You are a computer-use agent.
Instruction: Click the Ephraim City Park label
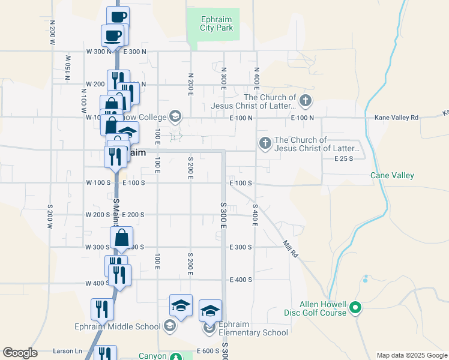216,23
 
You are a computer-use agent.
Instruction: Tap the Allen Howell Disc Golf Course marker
355,309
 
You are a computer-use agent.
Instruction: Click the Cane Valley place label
392,175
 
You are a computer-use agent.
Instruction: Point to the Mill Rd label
291,249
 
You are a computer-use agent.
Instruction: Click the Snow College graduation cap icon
175,116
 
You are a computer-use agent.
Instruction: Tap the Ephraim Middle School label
118,326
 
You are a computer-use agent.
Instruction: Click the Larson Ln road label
67,351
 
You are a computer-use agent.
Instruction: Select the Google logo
20,353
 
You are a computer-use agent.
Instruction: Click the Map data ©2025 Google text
412,355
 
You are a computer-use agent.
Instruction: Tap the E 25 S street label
343,158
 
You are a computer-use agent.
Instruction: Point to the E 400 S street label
241,280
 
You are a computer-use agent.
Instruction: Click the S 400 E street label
255,215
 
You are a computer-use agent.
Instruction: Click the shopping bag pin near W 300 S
122,238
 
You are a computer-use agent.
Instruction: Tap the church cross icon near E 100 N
306,100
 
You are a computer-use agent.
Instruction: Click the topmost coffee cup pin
118,17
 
